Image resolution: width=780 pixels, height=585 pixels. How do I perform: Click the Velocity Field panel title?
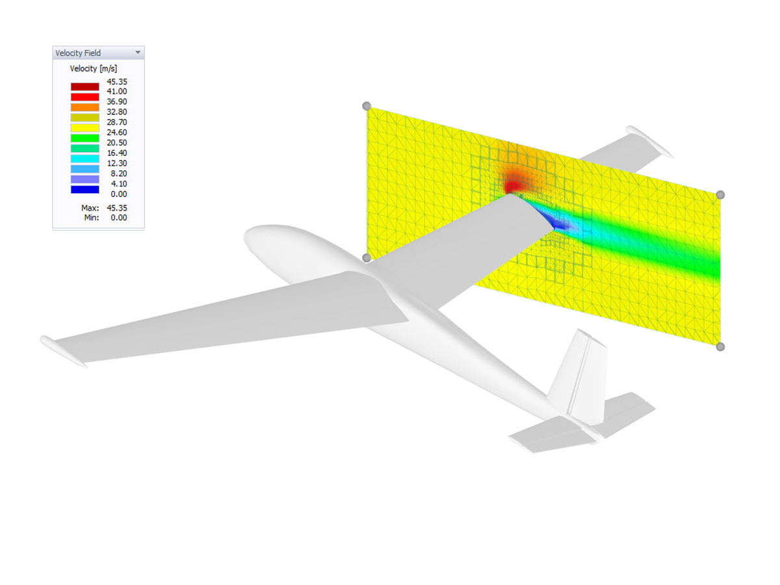click(78, 53)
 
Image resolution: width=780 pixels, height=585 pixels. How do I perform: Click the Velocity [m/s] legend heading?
click(93, 69)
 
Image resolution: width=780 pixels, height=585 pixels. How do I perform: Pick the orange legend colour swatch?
click(85, 107)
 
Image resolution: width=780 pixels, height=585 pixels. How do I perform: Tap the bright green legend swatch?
click(85, 138)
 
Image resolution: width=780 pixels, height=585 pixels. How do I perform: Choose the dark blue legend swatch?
click(85, 189)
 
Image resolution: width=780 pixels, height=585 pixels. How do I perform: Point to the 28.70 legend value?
click(118, 122)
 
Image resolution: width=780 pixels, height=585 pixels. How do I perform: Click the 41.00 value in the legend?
click(118, 92)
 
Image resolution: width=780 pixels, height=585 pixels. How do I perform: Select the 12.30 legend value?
click(118, 163)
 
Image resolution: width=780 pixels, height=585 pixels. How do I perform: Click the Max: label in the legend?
click(90, 208)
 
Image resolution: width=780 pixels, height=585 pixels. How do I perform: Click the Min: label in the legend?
click(90, 217)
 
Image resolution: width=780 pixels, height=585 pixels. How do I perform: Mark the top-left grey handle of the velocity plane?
click(367, 106)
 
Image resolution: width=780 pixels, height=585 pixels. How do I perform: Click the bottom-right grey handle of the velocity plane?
click(720, 346)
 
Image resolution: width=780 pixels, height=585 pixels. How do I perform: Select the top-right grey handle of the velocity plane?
click(720, 194)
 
